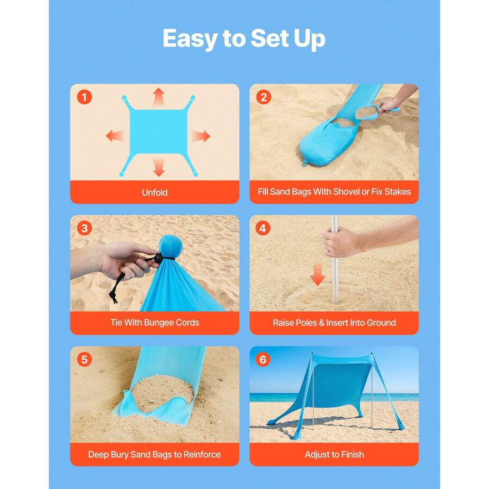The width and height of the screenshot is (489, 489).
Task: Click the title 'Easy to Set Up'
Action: (244, 39)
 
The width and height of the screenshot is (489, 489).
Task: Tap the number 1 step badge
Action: (84, 97)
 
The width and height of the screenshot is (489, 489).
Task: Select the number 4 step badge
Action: (263, 228)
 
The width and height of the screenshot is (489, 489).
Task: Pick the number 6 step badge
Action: (263, 359)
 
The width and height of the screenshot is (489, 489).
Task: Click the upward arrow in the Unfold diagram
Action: (159, 97)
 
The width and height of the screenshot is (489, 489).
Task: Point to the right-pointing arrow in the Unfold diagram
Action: (201, 136)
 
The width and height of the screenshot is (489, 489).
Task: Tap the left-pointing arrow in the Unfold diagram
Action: (115, 136)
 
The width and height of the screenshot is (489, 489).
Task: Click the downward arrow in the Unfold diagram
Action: (159, 167)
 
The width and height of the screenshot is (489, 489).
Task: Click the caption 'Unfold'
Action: (155, 192)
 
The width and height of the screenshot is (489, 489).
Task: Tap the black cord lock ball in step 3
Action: (158, 258)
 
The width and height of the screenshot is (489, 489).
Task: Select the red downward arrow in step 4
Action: (318, 275)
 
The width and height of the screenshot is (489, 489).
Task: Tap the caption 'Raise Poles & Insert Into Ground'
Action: (334, 322)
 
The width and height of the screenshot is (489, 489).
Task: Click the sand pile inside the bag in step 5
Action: (162, 392)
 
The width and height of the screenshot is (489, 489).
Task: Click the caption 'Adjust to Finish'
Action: (334, 454)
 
